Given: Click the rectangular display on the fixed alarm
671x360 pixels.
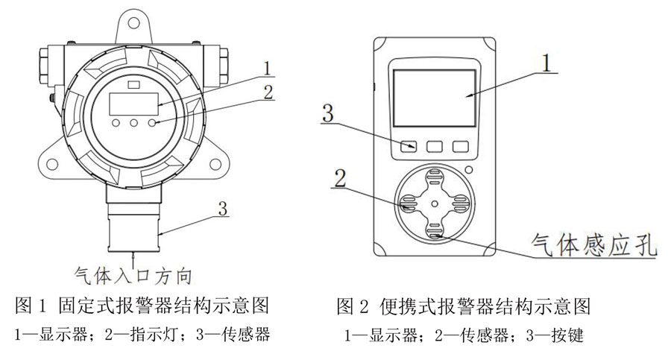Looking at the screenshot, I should (134, 103).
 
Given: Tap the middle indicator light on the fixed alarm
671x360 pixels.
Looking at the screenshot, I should (135, 122).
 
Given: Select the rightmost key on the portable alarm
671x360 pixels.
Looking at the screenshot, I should (461, 147).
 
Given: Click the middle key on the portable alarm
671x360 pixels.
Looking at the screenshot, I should (435, 147).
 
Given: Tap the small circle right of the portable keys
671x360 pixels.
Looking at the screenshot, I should (467, 169).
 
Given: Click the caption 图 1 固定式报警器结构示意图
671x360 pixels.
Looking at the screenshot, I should (142, 306).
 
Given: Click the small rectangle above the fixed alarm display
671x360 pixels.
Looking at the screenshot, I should (133, 85).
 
